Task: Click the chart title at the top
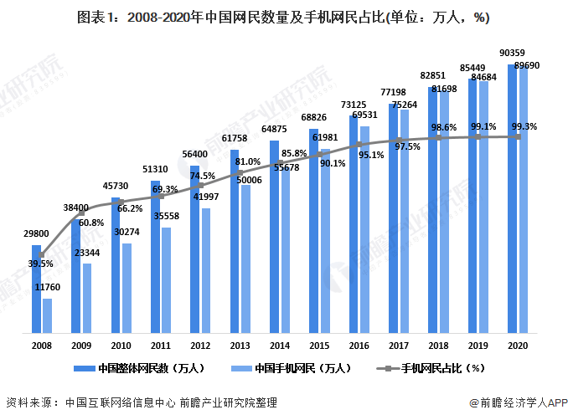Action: tap(283, 17)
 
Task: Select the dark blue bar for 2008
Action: tap(37, 289)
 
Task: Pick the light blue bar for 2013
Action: tap(245, 259)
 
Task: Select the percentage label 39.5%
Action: tap(40, 264)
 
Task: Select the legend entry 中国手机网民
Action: tap(302, 368)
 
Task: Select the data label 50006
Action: tap(249, 179)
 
